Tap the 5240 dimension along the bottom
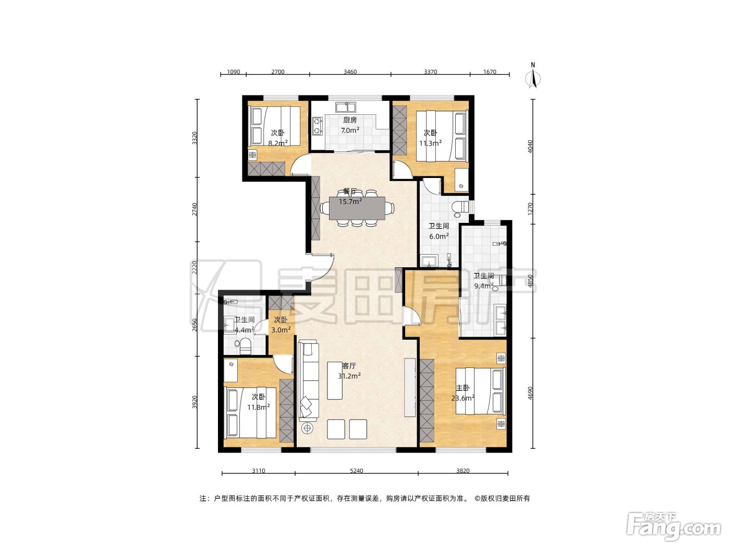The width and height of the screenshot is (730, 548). (356, 470)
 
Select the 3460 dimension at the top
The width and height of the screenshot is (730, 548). (350, 72)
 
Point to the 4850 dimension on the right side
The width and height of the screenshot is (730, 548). (531, 281)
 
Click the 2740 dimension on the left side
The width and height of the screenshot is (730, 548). (195, 209)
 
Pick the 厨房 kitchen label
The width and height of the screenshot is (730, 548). (350, 120)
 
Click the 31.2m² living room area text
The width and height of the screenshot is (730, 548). (349, 376)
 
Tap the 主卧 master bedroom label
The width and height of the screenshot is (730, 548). (463, 388)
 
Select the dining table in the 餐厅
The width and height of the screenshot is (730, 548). (357, 208)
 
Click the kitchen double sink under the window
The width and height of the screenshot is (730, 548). (346, 107)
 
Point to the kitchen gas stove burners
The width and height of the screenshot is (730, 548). (317, 126)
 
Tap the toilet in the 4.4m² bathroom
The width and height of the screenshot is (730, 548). (244, 346)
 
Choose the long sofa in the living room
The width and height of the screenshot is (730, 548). (308, 380)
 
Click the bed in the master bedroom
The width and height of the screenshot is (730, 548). (480, 390)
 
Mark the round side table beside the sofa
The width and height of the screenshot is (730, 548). (307, 428)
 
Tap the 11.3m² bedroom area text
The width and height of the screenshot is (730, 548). (430, 144)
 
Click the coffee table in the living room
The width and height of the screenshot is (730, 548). (335, 380)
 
